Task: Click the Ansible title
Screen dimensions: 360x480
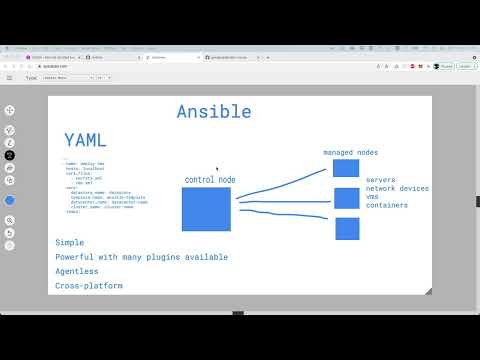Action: (214, 111)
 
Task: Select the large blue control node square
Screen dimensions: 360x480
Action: (206, 209)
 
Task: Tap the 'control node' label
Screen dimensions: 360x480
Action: (210, 179)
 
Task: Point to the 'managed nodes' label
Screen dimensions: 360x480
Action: (350, 152)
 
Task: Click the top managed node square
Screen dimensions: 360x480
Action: (345, 168)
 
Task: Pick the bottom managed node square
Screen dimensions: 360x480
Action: (347, 228)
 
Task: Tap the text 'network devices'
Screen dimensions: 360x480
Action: (397, 188)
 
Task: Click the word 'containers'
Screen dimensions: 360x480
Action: (388, 204)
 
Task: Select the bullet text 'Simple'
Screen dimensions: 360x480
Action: (70, 242)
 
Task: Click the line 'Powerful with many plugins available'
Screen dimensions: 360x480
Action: (141, 257)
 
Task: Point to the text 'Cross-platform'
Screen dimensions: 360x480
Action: (89, 286)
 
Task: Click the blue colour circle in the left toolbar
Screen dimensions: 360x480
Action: (10, 200)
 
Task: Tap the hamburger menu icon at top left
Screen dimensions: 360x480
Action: (10, 77)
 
